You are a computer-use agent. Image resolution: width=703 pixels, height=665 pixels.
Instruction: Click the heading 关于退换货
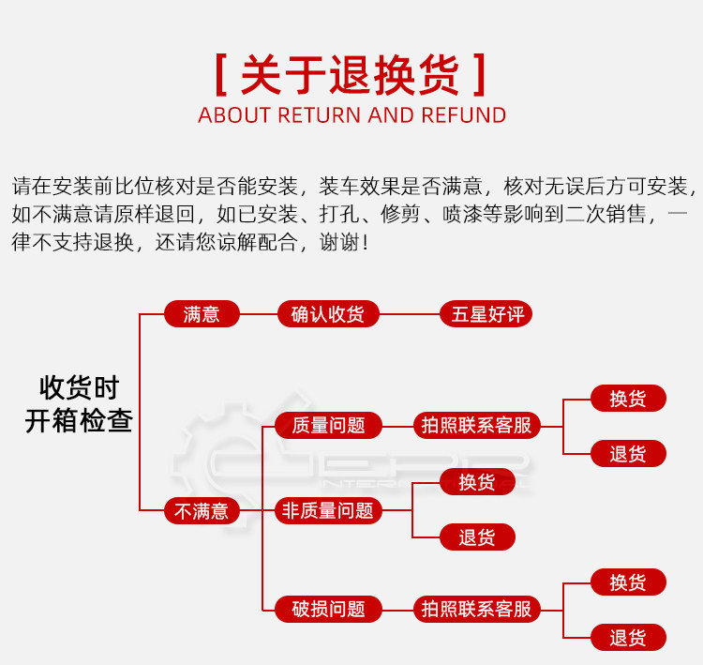tap(351, 74)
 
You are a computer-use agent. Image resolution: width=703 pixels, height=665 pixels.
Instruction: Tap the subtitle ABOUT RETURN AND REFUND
tap(351, 115)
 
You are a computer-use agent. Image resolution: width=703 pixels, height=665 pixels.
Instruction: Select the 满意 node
tap(202, 314)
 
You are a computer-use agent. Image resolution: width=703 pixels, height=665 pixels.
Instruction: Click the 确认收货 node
tap(328, 314)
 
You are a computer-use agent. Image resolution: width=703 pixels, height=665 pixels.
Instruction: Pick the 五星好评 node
tap(486, 314)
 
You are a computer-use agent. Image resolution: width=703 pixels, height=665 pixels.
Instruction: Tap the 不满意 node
tap(202, 511)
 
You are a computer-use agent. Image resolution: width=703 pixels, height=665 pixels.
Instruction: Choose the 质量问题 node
tap(328, 426)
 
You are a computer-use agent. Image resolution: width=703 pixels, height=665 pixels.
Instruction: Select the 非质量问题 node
tap(328, 511)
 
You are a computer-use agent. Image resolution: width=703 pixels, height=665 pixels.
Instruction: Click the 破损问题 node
tap(328, 610)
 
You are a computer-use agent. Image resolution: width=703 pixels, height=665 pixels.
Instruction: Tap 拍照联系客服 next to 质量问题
tap(476, 426)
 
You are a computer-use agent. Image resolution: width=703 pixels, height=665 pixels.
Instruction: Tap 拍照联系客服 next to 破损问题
tap(476, 610)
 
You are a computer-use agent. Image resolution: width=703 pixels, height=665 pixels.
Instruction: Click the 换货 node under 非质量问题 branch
tap(477, 482)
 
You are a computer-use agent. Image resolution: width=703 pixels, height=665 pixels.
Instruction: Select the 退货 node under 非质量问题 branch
tap(477, 537)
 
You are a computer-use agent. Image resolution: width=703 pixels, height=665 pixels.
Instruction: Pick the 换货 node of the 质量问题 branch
tap(628, 399)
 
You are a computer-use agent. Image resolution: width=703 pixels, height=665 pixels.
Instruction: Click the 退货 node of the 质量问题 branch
tap(628, 454)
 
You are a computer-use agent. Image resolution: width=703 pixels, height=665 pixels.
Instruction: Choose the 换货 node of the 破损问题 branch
tap(628, 582)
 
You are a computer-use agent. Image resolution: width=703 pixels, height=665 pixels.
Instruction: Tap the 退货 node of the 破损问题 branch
tap(628, 638)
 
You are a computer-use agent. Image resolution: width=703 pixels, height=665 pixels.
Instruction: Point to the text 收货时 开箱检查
tap(79, 404)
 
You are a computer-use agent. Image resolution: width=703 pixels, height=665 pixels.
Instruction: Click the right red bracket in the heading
tap(481, 75)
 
